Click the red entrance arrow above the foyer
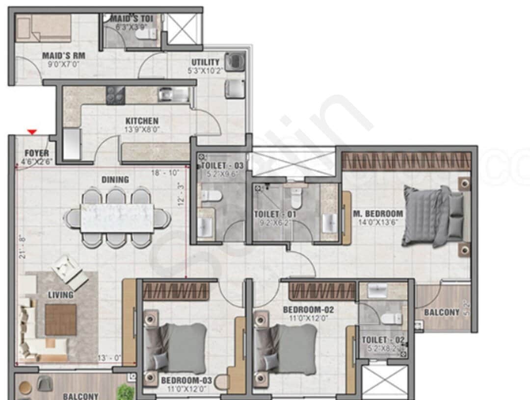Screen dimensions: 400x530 (32, 132)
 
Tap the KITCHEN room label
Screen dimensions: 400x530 (142, 121)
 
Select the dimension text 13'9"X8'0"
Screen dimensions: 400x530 (142, 130)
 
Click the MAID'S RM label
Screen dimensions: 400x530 (63, 56)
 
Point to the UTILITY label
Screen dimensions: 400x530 (205, 62)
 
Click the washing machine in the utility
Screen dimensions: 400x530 (235, 62)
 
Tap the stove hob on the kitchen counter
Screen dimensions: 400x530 (116, 95)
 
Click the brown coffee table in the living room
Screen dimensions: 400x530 (60, 320)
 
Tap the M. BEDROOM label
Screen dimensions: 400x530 (378, 214)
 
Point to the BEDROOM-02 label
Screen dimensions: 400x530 (309, 310)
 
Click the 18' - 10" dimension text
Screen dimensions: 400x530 (166, 173)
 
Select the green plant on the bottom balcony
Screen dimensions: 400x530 (126, 392)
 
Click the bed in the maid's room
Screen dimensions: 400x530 (43, 27)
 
